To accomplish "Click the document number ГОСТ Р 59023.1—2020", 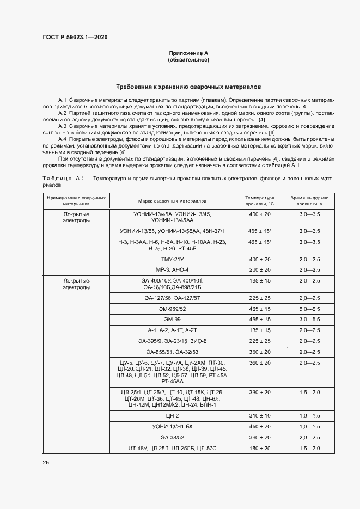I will tap(75, 36).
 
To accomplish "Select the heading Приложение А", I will tap(189, 53).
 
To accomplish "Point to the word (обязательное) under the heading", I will tap(189, 59).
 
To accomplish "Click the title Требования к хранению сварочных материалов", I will tap(189, 87).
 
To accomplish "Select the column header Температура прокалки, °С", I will tap(260, 200).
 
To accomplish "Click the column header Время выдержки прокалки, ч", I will tap(309, 200).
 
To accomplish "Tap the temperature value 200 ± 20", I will tap(260, 269).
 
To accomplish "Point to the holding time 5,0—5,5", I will tap(309, 309).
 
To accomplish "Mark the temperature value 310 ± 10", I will tap(260, 415).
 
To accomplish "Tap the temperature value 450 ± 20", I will tap(260, 426).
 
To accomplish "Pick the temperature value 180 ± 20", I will tap(260, 447).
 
